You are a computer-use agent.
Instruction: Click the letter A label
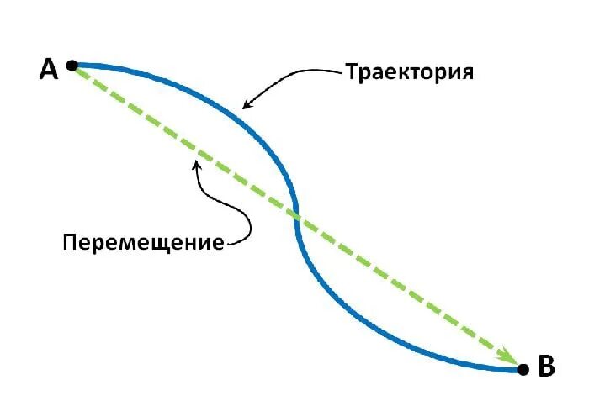pos(49,69)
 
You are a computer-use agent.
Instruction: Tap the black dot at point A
pos(72,65)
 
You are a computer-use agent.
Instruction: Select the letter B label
pos(547,367)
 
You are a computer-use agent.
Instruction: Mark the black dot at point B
pos(523,369)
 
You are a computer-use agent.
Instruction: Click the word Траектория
pos(410,72)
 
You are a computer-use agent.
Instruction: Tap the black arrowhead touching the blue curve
pos(246,105)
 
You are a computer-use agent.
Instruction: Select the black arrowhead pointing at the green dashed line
pos(196,165)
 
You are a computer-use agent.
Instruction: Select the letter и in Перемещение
pos(204,244)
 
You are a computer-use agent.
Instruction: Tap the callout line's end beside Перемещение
pos(228,244)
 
